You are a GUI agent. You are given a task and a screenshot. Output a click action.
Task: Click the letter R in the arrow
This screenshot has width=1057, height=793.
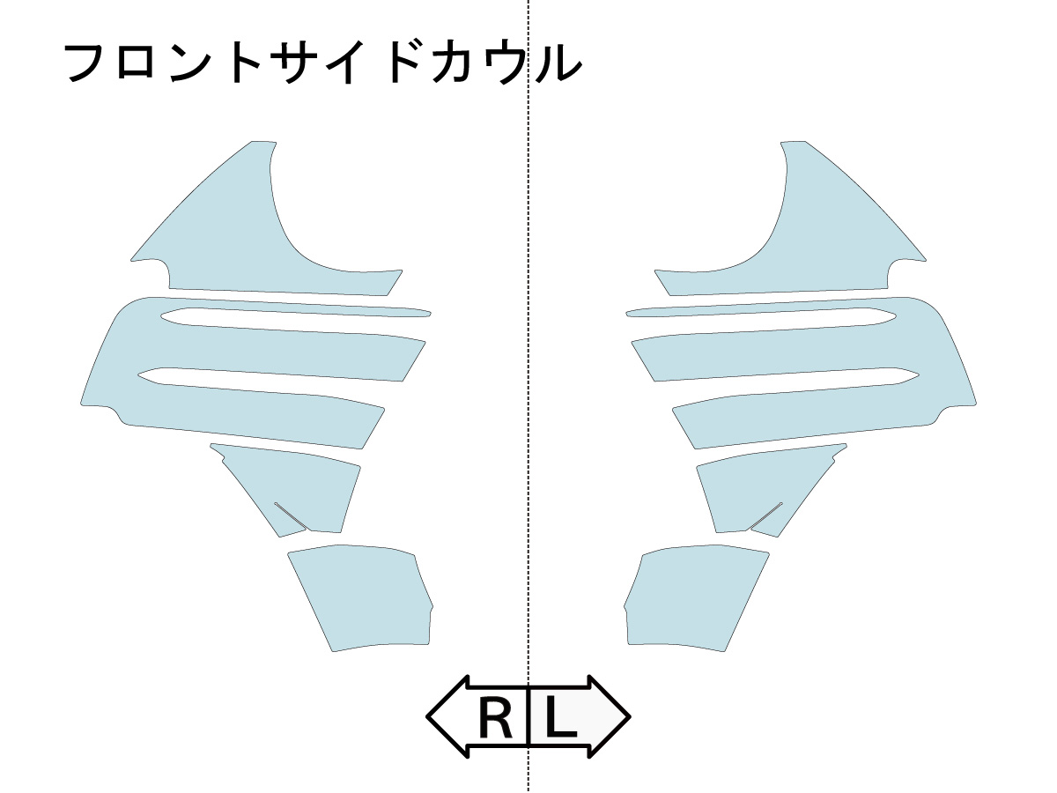pyautogui.click(x=495, y=718)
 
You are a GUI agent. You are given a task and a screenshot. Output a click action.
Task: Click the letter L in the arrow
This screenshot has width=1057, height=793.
pyautogui.click(x=561, y=718)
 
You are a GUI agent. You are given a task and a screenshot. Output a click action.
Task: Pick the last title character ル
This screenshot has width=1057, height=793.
pyautogui.click(x=558, y=63)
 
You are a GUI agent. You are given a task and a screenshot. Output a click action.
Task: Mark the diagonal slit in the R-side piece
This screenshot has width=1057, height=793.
pyautogui.click(x=291, y=515)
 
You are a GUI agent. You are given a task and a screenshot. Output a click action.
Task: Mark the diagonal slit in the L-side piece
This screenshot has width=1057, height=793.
pyautogui.click(x=766, y=515)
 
